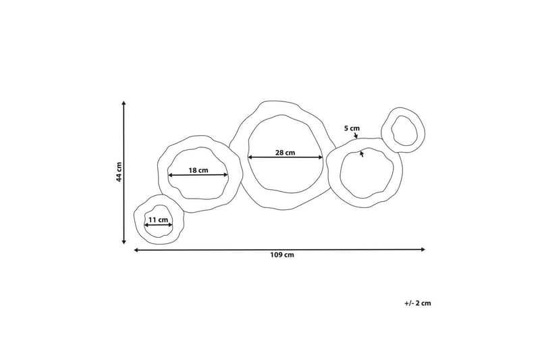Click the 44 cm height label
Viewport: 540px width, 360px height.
119,172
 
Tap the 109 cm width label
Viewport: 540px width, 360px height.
282,255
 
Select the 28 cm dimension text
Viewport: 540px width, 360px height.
285,152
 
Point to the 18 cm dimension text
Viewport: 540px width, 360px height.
198,170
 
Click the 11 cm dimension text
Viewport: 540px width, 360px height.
158,220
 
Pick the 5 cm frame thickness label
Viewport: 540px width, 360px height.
352,128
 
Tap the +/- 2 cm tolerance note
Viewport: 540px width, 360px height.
417,303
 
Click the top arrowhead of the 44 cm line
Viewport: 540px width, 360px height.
124,103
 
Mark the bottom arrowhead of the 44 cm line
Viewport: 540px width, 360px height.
124,242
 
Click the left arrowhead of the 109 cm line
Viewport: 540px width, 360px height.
136,250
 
